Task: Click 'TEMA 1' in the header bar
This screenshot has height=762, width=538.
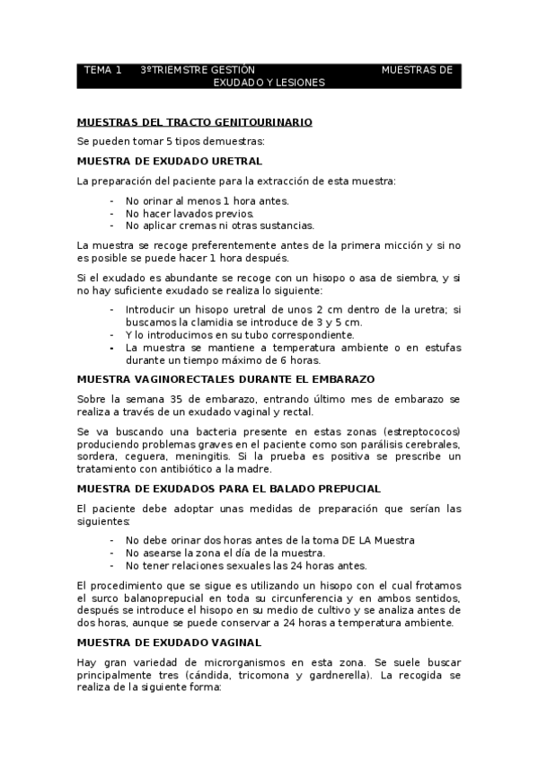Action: click(102, 69)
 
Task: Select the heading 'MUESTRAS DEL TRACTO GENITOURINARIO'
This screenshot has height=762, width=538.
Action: click(194, 121)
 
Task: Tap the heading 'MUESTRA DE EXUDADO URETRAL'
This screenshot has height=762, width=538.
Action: click(170, 161)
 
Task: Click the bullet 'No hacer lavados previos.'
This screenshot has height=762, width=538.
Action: click(190, 213)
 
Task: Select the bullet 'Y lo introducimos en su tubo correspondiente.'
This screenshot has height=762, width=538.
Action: click(227, 334)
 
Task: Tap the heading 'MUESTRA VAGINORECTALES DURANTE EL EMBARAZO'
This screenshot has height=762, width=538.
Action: click(225, 378)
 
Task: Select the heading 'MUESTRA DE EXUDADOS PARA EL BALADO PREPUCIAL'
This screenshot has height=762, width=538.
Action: click(229, 488)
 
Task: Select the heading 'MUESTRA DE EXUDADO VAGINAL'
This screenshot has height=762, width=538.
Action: click(169, 642)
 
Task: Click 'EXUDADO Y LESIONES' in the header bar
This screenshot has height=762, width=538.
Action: click(269, 82)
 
